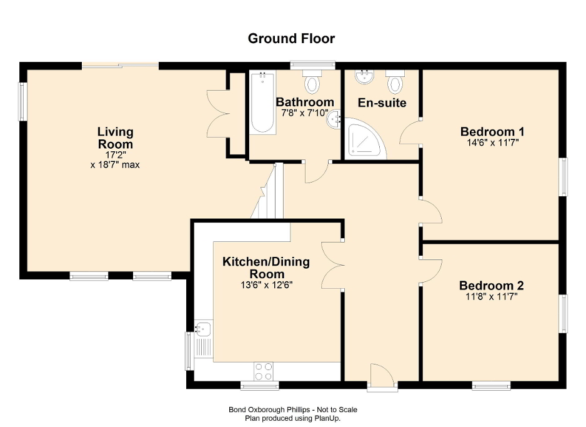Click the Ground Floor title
click(x=292, y=39)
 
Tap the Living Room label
click(x=115, y=138)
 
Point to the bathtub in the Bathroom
click(x=262, y=103)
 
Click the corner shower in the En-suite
click(x=364, y=138)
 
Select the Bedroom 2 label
click(x=491, y=286)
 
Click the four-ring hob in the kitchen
click(x=264, y=371)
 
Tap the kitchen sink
click(x=204, y=328)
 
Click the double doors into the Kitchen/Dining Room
click(x=334, y=263)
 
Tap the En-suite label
click(x=382, y=103)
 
